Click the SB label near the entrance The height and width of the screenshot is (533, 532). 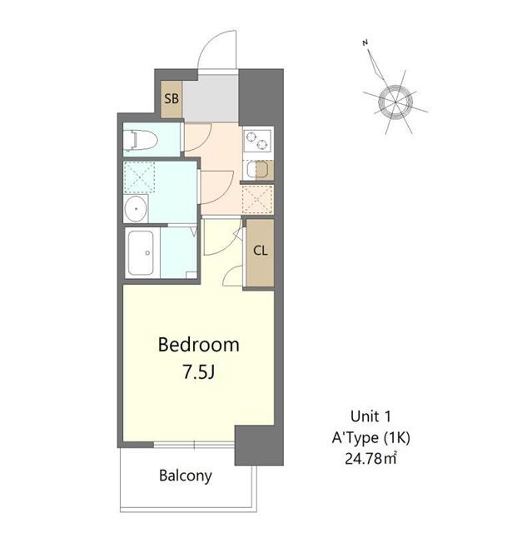tap(172, 99)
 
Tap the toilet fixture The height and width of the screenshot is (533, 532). tap(139, 141)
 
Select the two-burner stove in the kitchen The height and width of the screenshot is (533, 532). tap(257, 142)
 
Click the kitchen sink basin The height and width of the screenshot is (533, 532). tap(259, 170)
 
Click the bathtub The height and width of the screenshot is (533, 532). tap(142, 253)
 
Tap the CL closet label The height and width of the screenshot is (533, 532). tap(260, 251)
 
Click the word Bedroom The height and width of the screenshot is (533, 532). tap(199, 344)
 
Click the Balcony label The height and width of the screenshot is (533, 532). tap(186, 476)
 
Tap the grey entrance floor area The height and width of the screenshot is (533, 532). tap(210, 97)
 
